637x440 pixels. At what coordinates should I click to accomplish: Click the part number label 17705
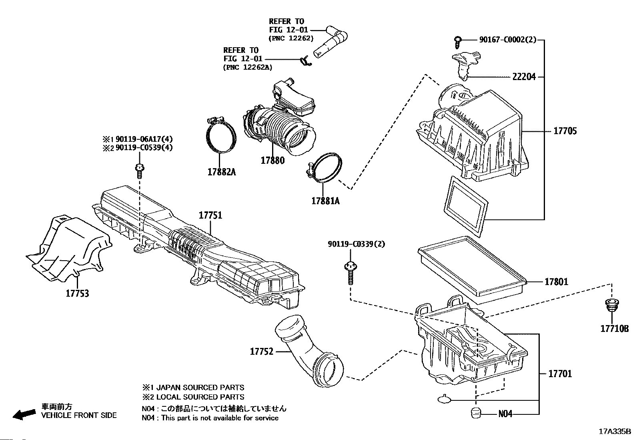[565, 131]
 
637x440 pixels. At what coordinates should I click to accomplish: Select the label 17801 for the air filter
[556, 282]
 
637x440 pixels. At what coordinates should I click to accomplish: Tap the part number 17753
[77, 293]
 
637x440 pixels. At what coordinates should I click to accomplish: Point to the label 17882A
[221, 172]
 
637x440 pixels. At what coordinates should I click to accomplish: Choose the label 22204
[524, 76]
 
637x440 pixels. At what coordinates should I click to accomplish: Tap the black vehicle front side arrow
[24, 414]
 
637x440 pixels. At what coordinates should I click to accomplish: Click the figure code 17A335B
[614, 432]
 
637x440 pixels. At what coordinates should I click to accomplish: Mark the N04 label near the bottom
[505, 414]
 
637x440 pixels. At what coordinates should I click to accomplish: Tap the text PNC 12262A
[247, 67]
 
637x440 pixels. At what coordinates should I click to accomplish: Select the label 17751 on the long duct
[210, 215]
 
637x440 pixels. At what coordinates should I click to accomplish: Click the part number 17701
[560, 374]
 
